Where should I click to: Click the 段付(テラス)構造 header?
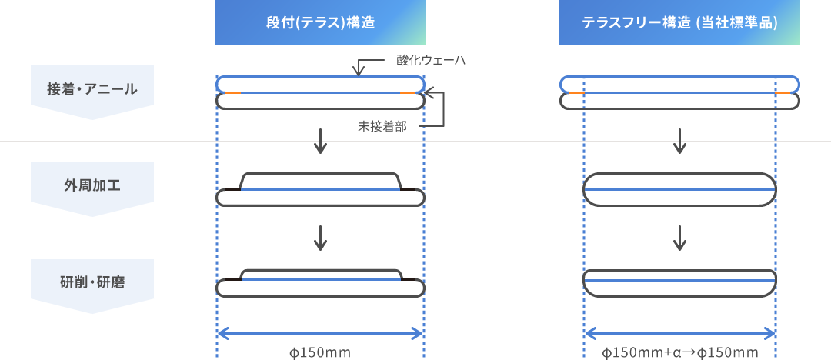click(x=320, y=22)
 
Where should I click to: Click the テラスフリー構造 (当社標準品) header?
click(x=679, y=22)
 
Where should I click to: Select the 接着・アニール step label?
click(x=92, y=89)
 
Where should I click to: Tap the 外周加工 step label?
click(x=92, y=186)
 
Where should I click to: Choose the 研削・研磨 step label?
click(x=92, y=283)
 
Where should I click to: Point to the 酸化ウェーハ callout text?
click(x=430, y=61)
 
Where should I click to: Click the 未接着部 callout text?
click(x=382, y=127)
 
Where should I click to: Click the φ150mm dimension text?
click(x=320, y=352)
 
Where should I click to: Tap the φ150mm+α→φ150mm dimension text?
click(x=680, y=352)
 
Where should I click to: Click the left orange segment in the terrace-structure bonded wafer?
click(x=233, y=93)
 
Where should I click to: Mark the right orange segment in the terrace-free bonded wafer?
click(x=783, y=93)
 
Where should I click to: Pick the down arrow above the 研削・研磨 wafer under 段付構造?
click(x=319, y=238)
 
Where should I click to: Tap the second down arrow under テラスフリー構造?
click(x=679, y=238)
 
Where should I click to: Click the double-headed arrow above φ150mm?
click(x=320, y=334)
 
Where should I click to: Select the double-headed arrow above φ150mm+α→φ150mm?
click(x=680, y=334)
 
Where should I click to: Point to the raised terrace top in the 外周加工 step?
click(x=320, y=173)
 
